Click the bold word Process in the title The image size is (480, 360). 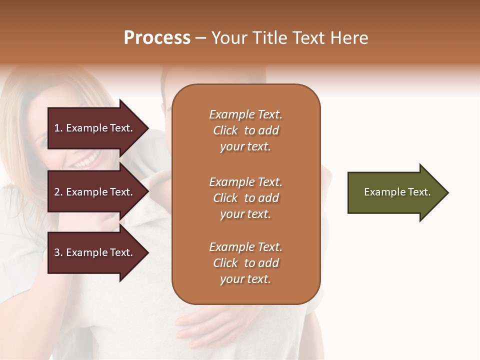click(157, 38)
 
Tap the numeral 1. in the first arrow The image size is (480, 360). click(58, 128)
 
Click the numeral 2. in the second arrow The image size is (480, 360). click(58, 192)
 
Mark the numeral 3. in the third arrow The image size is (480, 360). click(58, 252)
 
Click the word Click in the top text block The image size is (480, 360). click(225, 130)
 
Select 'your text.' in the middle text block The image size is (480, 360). click(245, 214)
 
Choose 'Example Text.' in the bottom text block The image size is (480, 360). click(245, 247)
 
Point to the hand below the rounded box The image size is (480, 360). click(200, 325)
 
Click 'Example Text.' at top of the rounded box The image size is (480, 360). click(245, 114)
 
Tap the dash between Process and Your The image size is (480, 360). click(200, 38)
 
